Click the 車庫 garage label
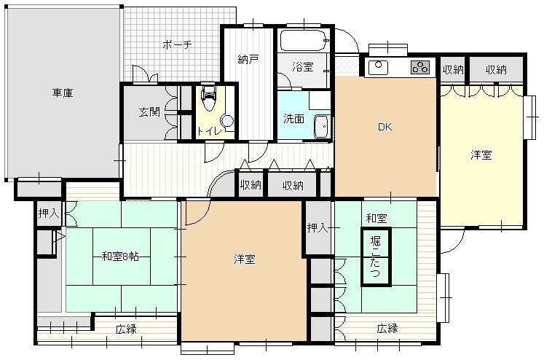coord(63,93)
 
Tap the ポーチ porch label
coord(177,44)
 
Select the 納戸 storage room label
coord(248,59)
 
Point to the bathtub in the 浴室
coord(304,41)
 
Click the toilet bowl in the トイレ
coord(208,99)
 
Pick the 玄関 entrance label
coord(149,111)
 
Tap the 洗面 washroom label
coord(293,119)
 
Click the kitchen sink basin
coord(379,66)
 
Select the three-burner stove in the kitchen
coord(420,67)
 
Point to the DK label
coord(385,127)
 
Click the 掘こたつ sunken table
coord(376,257)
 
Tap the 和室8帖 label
coord(120,257)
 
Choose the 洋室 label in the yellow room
coord(481,154)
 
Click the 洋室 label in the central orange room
coord(244,259)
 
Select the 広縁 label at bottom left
coord(126,329)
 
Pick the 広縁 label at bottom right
coord(387,328)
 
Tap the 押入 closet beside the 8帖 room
coord(49,213)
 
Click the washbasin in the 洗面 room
coord(322,127)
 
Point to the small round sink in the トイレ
coord(227,122)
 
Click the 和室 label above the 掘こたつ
coord(377,219)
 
